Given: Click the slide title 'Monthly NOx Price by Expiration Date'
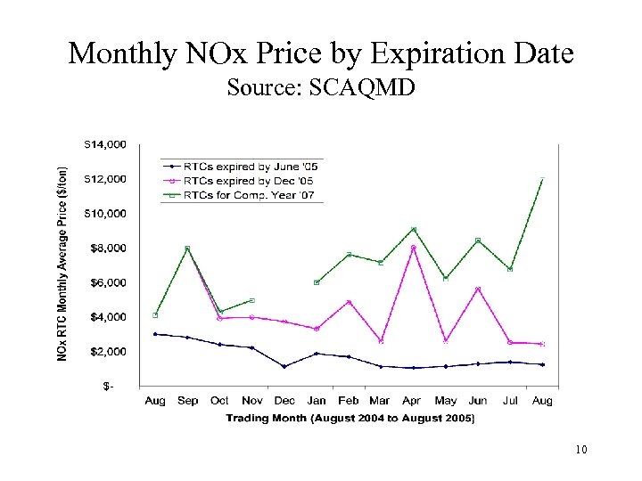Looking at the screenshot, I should (x=321, y=53).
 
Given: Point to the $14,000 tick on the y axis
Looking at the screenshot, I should (x=104, y=143).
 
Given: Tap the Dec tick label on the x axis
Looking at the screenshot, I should (x=284, y=401).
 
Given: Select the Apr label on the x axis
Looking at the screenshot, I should (x=413, y=401).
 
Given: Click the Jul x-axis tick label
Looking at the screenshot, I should (x=510, y=401).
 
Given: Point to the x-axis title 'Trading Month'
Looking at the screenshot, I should (x=350, y=418).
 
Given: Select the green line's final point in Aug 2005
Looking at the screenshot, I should (x=542, y=179).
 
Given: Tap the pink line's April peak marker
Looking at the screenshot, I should (x=413, y=248).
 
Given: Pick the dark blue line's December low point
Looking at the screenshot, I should (x=284, y=366).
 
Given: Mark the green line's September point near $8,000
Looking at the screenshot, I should (x=187, y=249).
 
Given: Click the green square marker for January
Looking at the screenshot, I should (x=317, y=282).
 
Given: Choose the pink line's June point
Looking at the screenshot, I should (x=478, y=289).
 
